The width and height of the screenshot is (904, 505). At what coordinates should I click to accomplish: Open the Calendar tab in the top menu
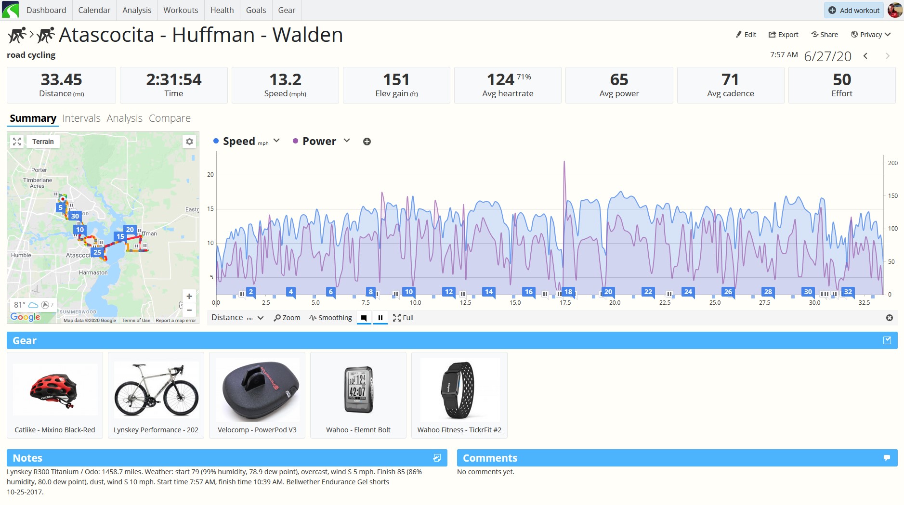click(x=94, y=10)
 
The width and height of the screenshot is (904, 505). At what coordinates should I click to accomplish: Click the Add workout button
click(x=854, y=10)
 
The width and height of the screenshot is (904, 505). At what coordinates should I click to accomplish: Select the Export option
click(x=783, y=35)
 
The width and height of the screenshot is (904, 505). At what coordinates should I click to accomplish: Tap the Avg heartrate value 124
click(x=500, y=79)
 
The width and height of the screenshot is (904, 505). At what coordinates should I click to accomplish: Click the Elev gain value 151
click(x=396, y=79)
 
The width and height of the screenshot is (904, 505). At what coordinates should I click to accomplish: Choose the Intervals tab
click(x=81, y=118)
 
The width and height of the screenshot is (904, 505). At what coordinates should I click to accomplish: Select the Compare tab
click(x=170, y=118)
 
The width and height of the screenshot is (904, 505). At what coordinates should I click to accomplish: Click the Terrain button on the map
click(x=43, y=142)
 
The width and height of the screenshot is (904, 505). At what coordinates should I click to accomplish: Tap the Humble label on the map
click(x=21, y=255)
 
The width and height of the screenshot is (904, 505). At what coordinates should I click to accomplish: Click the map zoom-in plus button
click(x=189, y=297)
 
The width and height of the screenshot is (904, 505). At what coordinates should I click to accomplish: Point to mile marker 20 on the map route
click(x=130, y=230)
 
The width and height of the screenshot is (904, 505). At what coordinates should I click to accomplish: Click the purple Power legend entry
click(x=319, y=141)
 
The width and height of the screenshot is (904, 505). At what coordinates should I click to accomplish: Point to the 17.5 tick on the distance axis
click(x=565, y=303)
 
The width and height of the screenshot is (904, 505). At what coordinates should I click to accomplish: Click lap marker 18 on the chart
click(x=568, y=292)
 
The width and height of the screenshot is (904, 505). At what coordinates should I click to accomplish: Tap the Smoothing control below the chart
click(x=331, y=318)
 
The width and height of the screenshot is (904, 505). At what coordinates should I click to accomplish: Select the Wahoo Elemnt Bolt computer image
click(x=359, y=390)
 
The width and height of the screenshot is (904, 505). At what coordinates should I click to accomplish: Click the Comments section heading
click(x=490, y=458)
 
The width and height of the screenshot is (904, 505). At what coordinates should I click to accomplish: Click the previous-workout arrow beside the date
click(x=865, y=56)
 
